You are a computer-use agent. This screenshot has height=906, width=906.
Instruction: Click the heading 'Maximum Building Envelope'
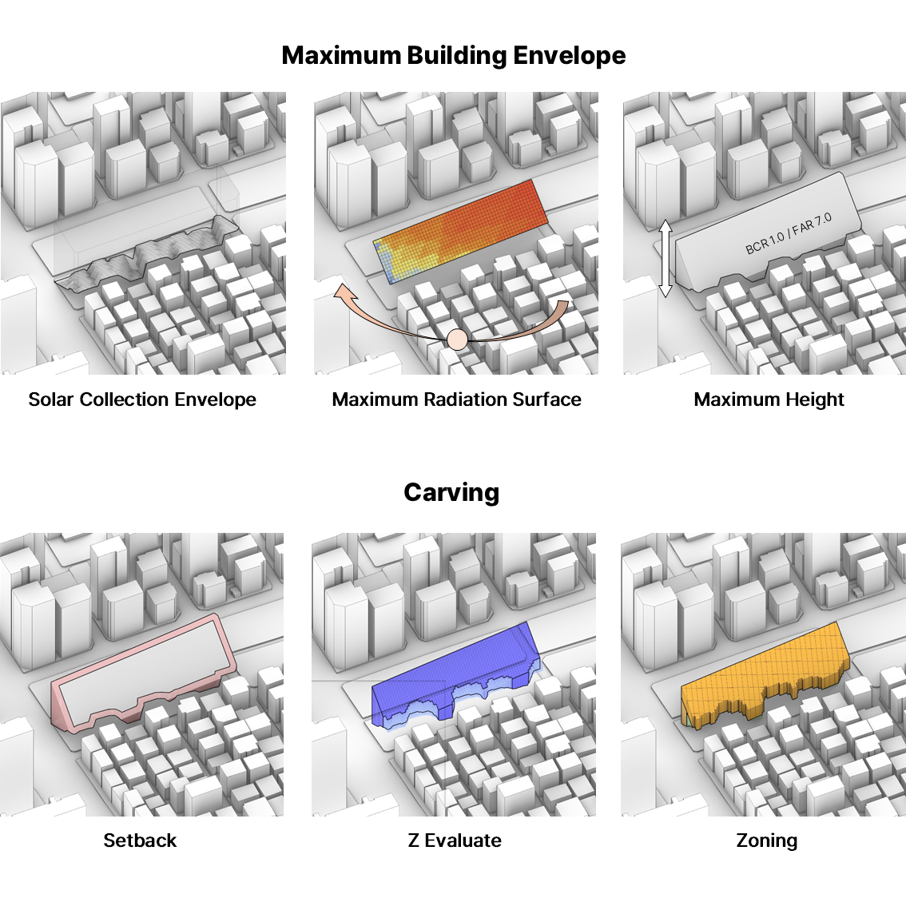tap(453, 55)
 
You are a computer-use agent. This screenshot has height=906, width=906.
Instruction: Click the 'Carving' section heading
tap(451, 492)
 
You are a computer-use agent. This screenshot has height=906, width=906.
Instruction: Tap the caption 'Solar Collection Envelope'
tap(142, 399)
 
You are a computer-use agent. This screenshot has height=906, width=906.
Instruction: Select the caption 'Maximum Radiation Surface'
tap(456, 399)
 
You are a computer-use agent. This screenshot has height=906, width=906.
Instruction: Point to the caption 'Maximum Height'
tap(769, 399)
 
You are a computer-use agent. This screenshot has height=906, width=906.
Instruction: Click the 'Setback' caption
tap(140, 840)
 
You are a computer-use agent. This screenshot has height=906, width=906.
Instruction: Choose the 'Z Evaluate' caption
tap(455, 840)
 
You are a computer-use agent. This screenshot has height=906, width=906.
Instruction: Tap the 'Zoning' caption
tap(766, 840)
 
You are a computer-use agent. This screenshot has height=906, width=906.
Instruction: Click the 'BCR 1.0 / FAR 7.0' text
tap(789, 234)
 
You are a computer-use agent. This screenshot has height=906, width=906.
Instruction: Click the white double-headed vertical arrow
tap(666, 259)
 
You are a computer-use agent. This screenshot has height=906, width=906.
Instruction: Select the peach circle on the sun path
tap(457, 340)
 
